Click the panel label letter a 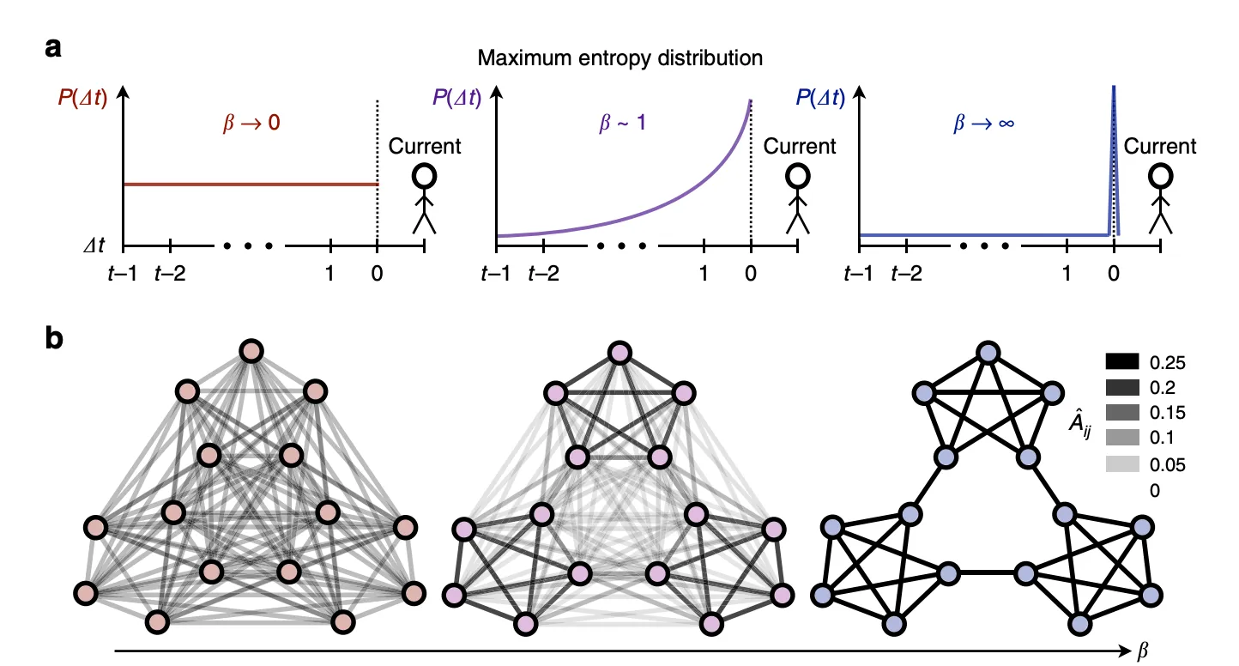click(52, 48)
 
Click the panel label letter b click(53, 340)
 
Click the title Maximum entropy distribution click(620, 58)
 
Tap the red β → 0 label click(247, 123)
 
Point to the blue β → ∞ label click(983, 123)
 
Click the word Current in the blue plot click(1160, 146)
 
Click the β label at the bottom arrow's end click(1141, 653)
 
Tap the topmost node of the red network click(251, 351)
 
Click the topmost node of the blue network click(987, 352)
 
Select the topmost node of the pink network click(619, 352)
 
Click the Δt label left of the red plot click(90, 245)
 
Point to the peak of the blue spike click(1114, 87)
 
